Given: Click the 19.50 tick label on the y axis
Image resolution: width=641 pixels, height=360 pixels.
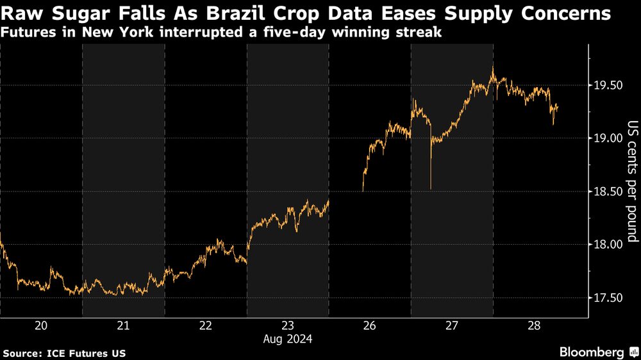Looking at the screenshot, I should point(606,85).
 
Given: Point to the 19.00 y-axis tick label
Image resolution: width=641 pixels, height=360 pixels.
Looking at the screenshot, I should point(606,138).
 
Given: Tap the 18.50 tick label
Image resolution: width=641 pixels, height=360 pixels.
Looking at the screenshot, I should point(606,192).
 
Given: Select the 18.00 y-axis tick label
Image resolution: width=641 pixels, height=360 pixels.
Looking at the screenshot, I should point(606,245).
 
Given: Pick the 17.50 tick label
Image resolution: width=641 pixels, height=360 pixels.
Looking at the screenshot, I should point(606,298).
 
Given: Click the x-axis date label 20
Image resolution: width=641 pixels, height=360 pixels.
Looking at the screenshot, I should point(41,325).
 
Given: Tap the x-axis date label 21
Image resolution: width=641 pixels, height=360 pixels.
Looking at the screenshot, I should point(123,325).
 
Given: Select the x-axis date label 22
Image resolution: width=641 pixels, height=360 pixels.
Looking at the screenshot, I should point(205,325).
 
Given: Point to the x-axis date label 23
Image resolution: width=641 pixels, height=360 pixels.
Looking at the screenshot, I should point(287,325).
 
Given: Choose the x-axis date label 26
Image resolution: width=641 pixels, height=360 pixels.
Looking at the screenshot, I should point(369,325).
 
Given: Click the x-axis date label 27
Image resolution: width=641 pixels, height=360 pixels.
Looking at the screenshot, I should point(451,325).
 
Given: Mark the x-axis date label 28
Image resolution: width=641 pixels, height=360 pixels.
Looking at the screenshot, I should point(533,325).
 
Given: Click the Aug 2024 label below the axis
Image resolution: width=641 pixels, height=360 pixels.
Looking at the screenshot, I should point(287,340).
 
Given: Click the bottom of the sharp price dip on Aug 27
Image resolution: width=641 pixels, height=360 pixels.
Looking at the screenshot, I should point(430,188).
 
